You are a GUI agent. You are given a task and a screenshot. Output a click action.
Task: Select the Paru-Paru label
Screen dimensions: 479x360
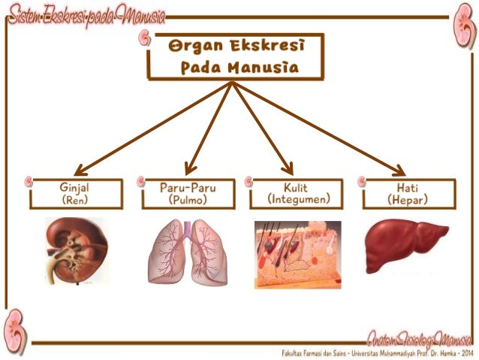tap(188, 186)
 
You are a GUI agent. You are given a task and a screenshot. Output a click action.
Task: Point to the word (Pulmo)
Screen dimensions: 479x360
tap(188, 200)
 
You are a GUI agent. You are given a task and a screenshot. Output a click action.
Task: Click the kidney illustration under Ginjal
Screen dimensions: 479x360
tap(73, 251)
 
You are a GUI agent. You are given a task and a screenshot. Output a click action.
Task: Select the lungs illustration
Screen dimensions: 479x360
tap(188, 253)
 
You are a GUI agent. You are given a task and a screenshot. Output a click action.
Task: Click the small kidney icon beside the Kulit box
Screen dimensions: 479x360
tap(249, 182)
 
